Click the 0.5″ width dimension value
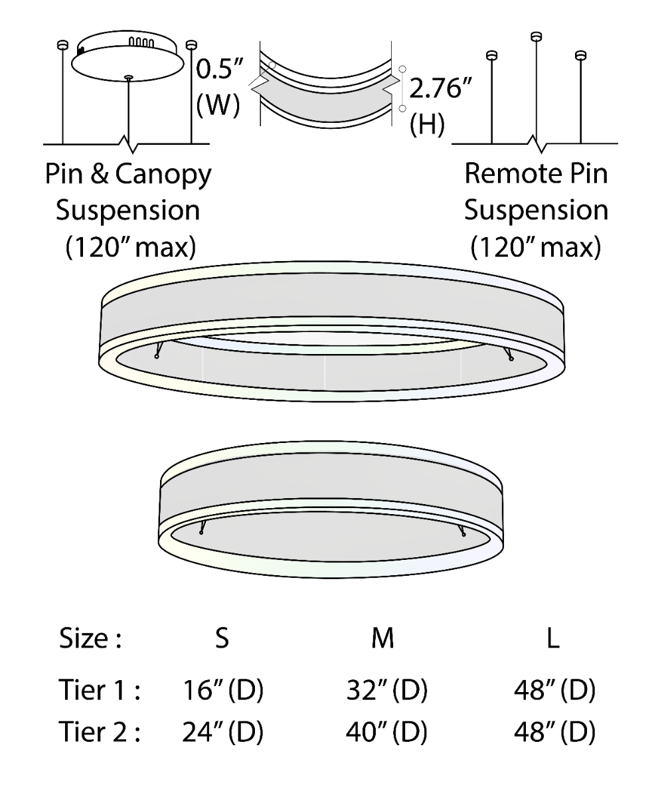tap(219, 70)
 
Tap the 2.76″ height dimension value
tap(440, 88)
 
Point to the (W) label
tap(218, 105)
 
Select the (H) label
tap(427, 124)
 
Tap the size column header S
tap(222, 638)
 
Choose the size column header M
tap(382, 638)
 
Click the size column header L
tap(553, 638)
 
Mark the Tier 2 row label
tap(100, 732)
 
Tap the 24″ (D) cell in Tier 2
tap(223, 733)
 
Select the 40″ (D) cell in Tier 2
tap(386, 733)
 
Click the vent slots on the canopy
tap(141, 42)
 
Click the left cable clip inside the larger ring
tap(159, 349)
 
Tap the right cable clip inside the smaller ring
tap(461, 530)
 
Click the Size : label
tap(90, 638)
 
